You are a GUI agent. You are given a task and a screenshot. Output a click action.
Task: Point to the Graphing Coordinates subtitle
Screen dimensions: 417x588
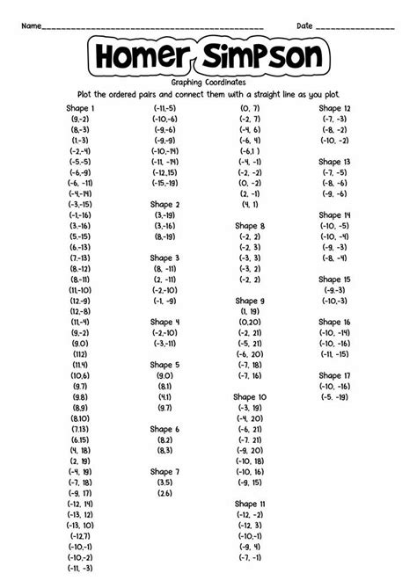208,82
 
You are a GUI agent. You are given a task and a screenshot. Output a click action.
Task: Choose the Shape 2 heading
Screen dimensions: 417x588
165,204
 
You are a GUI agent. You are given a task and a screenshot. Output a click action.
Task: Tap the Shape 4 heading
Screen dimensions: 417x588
165,322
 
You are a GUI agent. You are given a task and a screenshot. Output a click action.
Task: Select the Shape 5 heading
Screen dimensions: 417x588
165,364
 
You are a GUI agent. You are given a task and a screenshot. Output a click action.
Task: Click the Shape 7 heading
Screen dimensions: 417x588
165,471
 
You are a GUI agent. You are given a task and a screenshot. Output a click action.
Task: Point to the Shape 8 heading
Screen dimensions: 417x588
250,226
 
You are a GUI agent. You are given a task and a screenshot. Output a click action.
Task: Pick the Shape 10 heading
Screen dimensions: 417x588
250,396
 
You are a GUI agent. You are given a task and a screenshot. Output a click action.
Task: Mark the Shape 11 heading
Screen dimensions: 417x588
250,504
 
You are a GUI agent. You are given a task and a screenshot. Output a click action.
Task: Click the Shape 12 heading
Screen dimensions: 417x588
334,108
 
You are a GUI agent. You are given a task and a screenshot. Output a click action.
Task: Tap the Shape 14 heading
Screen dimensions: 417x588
334,214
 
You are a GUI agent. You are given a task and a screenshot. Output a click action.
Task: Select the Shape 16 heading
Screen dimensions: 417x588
334,322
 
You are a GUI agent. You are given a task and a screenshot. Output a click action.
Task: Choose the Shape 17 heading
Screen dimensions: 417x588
334,374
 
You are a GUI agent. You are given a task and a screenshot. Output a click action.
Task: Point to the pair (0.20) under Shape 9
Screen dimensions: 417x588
250,322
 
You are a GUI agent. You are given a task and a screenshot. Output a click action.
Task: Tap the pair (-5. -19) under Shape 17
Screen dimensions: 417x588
334,396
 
